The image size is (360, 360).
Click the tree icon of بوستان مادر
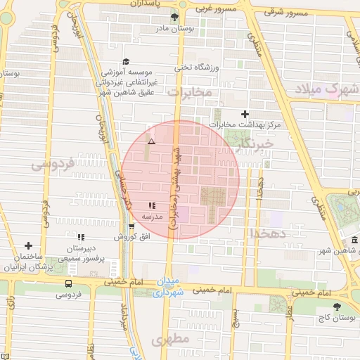tap(174, 18)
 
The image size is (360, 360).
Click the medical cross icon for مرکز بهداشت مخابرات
tap(245, 114)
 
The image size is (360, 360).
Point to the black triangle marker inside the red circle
tap(150, 142)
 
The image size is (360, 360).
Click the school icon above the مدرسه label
tap(152, 206)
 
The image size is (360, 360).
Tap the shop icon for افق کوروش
tap(131, 226)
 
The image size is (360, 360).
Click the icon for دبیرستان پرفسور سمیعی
tap(81, 238)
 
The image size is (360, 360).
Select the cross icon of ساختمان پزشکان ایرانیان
tap(28, 245)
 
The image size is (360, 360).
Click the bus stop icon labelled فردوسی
tap(68, 283)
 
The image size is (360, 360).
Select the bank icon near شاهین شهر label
tap(352, 241)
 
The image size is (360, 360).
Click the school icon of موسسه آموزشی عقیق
tap(126, 62)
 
